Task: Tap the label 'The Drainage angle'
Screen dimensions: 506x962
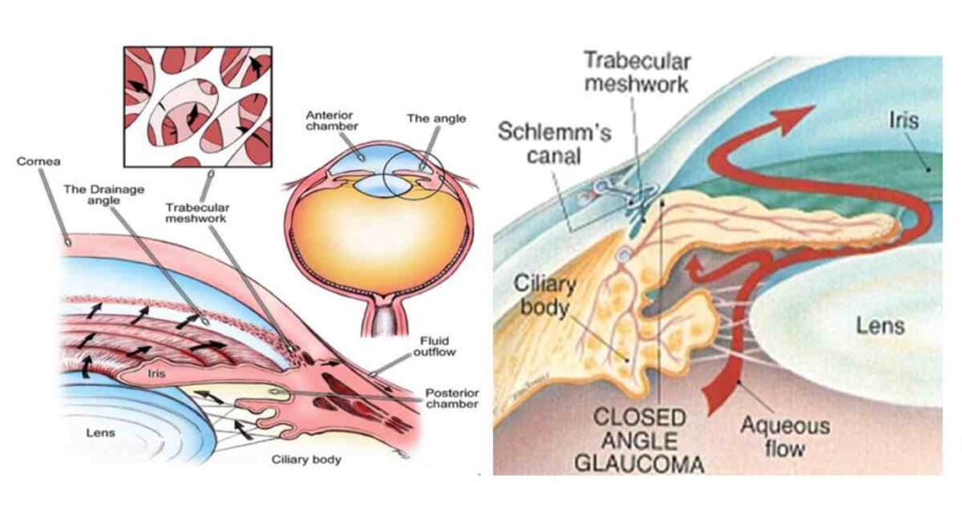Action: point(105,194)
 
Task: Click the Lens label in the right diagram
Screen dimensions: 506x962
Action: point(879,325)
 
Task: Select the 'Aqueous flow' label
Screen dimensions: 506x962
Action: point(784,436)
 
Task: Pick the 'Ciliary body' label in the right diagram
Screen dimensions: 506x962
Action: point(548,293)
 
